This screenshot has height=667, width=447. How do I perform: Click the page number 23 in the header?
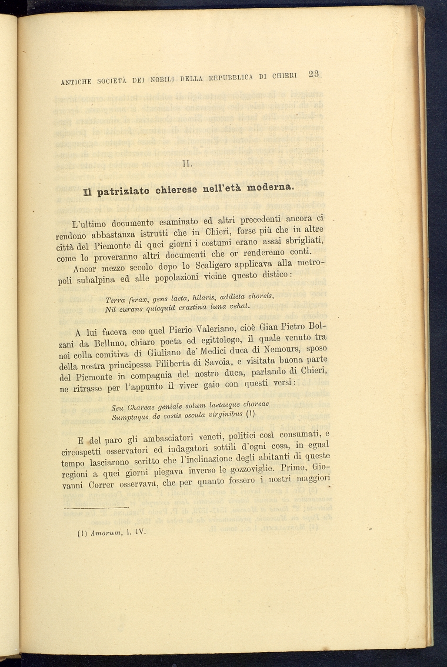click(x=313, y=74)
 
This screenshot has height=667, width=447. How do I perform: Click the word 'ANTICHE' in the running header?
click(x=77, y=81)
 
